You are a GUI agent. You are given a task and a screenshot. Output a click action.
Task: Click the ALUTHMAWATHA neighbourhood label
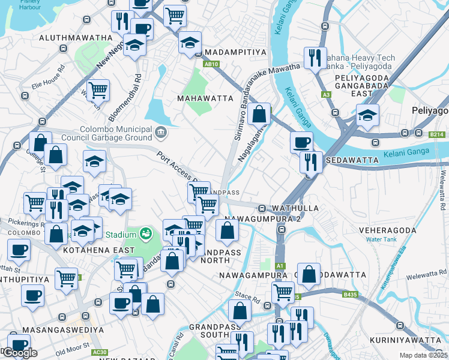pyautogui.click(x=76, y=38)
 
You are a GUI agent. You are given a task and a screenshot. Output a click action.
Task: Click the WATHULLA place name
pyautogui.click(x=292, y=208)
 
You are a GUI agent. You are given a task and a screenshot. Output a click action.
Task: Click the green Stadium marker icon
pyautogui.click(x=145, y=233)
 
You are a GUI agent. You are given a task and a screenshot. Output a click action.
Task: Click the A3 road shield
pyautogui.click(x=326, y=95)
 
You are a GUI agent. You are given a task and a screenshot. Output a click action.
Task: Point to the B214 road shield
pyautogui.click(x=437, y=135)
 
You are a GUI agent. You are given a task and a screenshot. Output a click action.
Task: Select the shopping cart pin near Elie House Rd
pyautogui.click(x=97, y=90)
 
